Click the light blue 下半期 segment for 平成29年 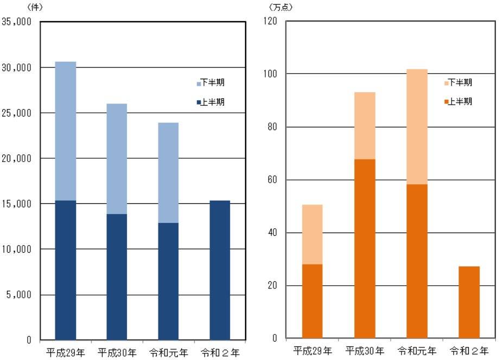tap(66, 131)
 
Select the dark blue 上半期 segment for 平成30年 tap(117, 277)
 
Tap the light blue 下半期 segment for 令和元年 tap(168, 172)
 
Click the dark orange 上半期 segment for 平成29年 tap(313, 301)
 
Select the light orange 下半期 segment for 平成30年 tap(365, 125)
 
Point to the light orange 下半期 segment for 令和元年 tap(417, 126)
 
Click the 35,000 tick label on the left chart tap(17, 22)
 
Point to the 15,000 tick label tap(17, 204)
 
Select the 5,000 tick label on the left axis tap(20, 295)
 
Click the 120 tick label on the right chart tap(270, 21)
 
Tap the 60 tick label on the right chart tap(272, 180)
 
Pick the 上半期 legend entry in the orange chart tap(458, 101)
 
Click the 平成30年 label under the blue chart tap(117, 353)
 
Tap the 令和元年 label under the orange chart tap(417, 351)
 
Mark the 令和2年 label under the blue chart tap(220, 353)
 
